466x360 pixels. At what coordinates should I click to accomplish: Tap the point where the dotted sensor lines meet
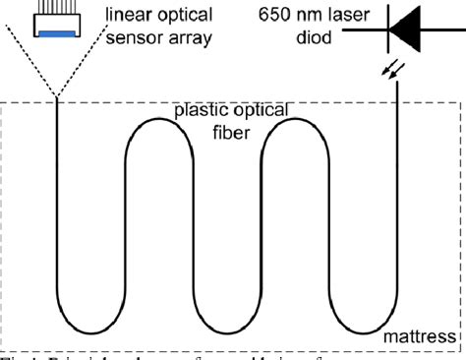pos(58,97)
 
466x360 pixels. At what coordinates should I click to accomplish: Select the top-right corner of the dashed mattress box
pos(462,103)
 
